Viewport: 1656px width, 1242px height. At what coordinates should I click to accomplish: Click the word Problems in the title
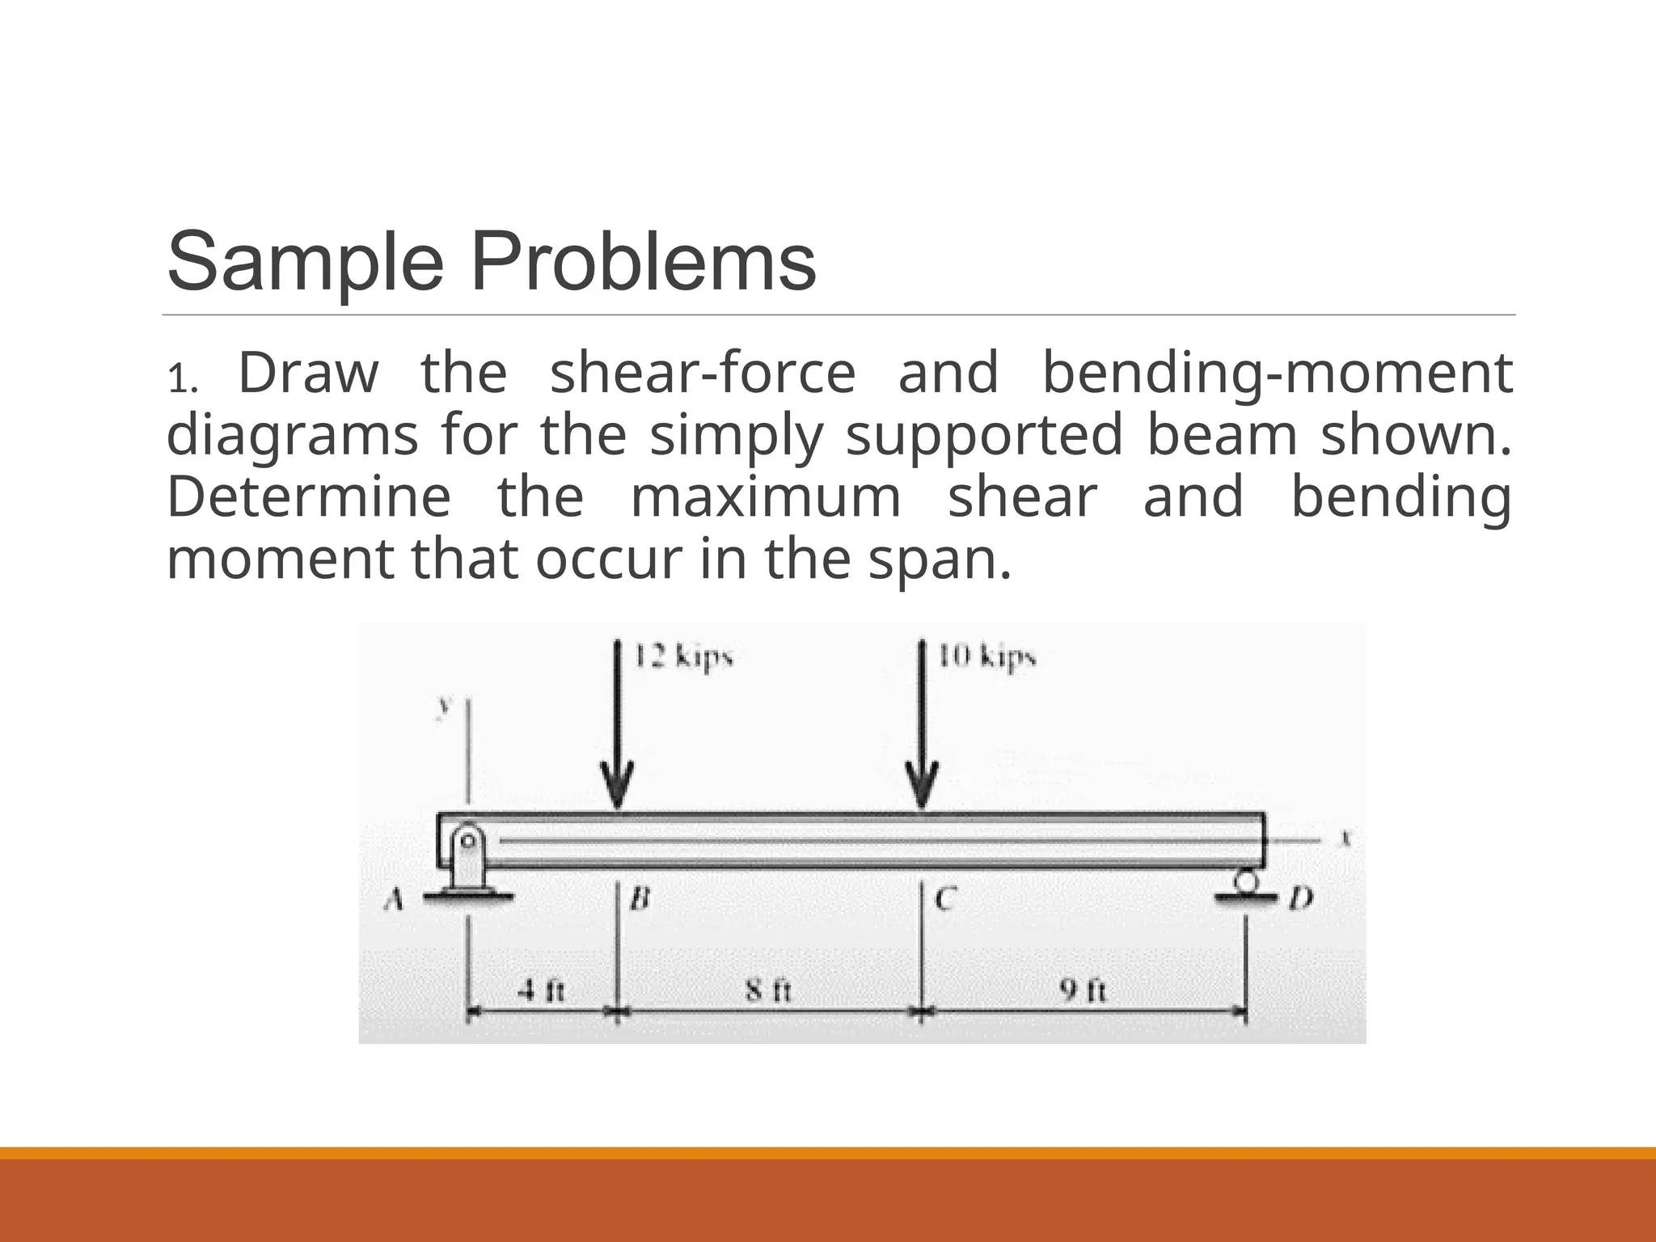(x=644, y=263)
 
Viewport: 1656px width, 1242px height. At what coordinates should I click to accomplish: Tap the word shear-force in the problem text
(x=703, y=374)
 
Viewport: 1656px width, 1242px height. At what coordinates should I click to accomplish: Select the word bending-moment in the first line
(x=1277, y=374)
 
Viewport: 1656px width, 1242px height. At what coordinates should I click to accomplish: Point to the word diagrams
(x=292, y=436)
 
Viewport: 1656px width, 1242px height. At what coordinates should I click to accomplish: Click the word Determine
(x=308, y=496)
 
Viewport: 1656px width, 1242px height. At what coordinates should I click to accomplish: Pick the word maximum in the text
(x=765, y=496)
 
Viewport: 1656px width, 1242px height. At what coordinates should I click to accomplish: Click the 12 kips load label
(x=683, y=657)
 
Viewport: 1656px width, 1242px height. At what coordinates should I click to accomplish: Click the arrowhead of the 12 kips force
(x=617, y=784)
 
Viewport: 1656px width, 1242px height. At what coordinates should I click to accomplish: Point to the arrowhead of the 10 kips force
(x=921, y=784)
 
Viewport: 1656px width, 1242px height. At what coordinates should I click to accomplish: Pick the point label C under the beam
(x=945, y=898)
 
